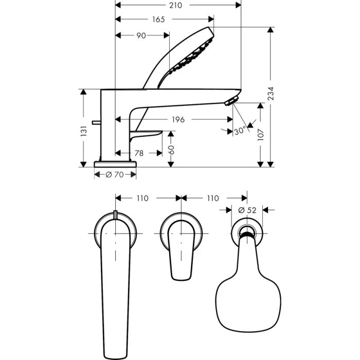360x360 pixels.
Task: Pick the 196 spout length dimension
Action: coord(177,119)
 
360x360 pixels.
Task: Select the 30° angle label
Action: coord(240,131)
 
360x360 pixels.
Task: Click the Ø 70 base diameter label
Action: coord(115,175)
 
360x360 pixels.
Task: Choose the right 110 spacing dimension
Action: coord(212,198)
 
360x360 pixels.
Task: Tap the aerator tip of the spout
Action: coord(233,99)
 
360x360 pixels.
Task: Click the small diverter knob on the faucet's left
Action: coord(95,122)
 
